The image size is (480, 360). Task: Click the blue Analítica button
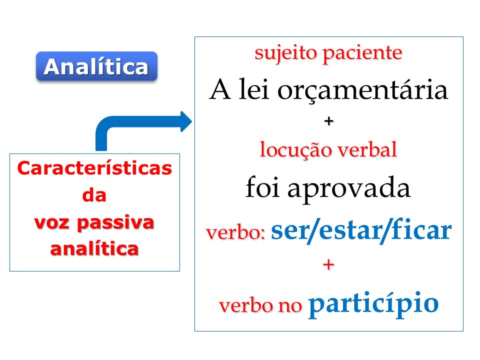96,66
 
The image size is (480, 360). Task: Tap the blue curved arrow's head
186,121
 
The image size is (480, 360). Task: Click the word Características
94,168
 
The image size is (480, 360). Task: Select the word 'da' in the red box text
94,195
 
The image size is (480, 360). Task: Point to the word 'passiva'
115,222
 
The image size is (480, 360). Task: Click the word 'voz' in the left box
51,223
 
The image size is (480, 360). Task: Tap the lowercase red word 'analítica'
94,248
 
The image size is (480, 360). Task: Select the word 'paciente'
362,54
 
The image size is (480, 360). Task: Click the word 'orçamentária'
363,90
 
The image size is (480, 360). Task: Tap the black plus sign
329,121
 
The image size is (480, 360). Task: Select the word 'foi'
262,186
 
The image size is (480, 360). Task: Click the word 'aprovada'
348,189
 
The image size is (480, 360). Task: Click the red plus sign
328,264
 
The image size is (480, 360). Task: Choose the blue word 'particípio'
373,304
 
